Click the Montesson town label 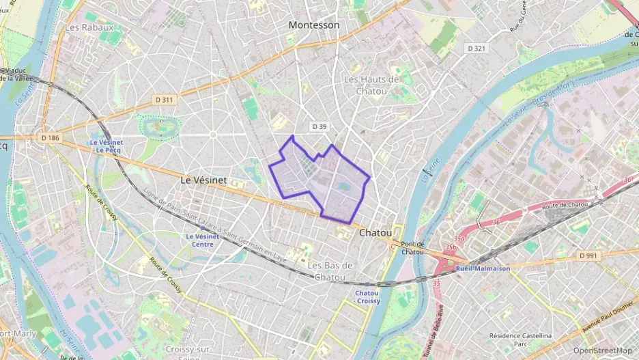click(x=313, y=25)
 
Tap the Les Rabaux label click(x=89, y=27)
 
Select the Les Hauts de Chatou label click(x=371, y=85)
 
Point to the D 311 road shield click(x=165, y=100)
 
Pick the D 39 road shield click(x=319, y=126)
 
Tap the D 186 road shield click(x=50, y=138)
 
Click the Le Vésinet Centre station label click(x=203, y=240)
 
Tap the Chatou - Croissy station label click(x=367, y=296)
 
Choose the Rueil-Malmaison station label click(x=483, y=268)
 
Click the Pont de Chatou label click(x=412, y=248)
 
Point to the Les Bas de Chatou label click(x=330, y=271)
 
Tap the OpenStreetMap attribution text click(x=602, y=350)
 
